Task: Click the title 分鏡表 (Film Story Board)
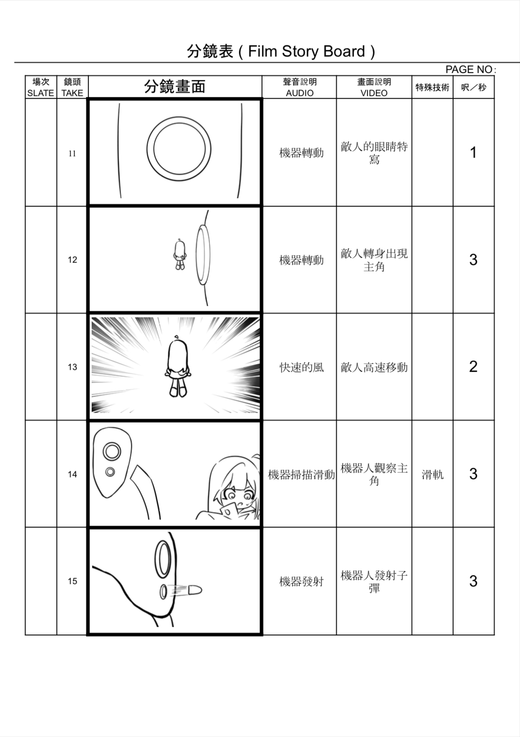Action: click(281, 51)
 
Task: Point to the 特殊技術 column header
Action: click(432, 88)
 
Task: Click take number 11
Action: click(72, 153)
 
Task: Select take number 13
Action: click(72, 367)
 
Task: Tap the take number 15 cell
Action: click(72, 581)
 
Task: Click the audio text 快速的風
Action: click(301, 368)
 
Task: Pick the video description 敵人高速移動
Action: click(374, 368)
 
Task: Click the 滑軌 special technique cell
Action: click(432, 474)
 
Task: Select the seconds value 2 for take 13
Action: click(473, 367)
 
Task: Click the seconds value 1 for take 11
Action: click(473, 152)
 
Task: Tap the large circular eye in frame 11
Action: click(179, 149)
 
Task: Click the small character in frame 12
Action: click(179, 254)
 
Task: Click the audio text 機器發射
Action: click(301, 582)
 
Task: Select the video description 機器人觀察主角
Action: click(374, 474)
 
